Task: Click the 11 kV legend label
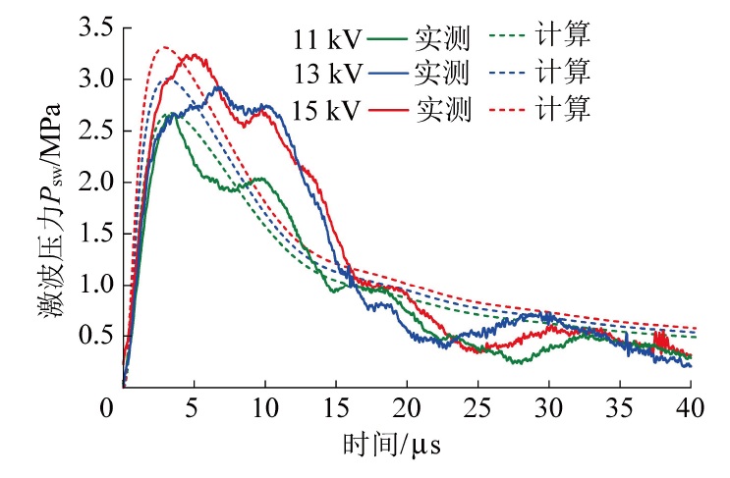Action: (x=328, y=40)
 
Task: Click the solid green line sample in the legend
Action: (x=387, y=40)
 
